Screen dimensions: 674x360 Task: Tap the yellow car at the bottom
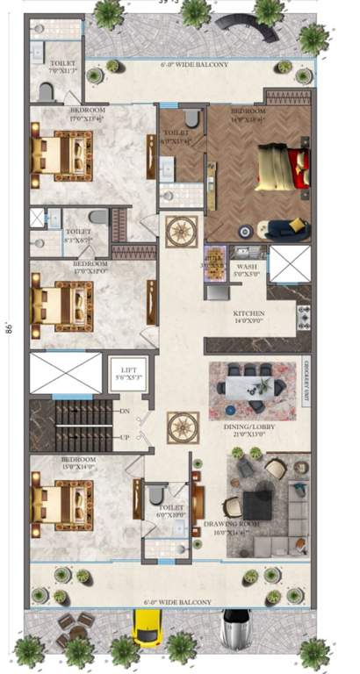[145, 630]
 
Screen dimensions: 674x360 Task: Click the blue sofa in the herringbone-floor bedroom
[285, 228]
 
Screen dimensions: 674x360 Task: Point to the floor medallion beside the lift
[183, 427]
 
